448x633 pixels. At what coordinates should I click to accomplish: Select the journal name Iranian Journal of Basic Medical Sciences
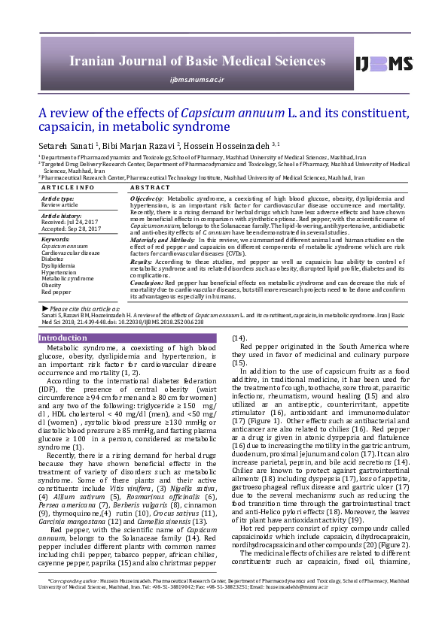[197, 61]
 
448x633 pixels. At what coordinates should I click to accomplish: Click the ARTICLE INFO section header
[68, 186]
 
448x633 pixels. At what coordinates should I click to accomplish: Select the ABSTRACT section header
[151, 186]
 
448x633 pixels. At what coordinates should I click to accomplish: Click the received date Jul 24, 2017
[84, 223]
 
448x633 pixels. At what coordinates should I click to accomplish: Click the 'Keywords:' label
[55, 239]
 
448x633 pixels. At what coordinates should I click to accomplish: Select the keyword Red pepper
[56, 292]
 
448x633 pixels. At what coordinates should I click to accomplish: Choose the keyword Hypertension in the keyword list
[59, 271]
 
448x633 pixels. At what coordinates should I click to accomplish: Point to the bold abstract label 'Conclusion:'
[148, 283]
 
